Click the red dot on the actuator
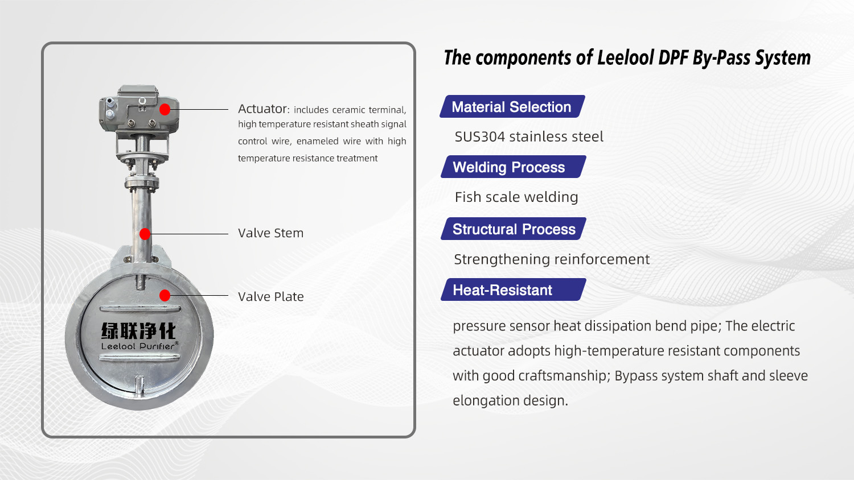[x=165, y=109]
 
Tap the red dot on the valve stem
[x=145, y=234]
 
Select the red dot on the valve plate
[x=165, y=295]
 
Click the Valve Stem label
[x=270, y=233]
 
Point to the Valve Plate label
[x=270, y=296]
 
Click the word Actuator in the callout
[x=262, y=109]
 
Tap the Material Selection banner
[x=512, y=106]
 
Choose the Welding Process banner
[x=513, y=167]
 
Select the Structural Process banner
[x=513, y=229]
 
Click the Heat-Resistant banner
[x=513, y=289]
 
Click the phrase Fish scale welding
[x=516, y=197]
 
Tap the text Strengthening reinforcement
[x=552, y=259]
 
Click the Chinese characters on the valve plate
[x=138, y=330]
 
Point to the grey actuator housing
[x=138, y=111]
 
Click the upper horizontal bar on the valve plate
[x=140, y=309]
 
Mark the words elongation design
[x=510, y=401]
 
